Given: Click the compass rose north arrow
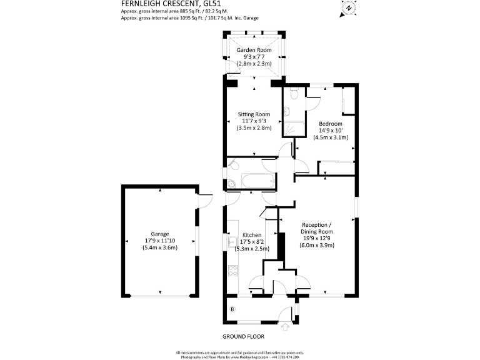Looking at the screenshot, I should point(347,9).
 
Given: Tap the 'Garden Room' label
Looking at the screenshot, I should point(254,49).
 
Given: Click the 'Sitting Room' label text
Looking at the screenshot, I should point(254,114).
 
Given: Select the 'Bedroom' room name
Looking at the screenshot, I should point(331,124).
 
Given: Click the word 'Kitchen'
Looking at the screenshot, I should point(252,235).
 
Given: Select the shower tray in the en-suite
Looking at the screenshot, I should point(292,127).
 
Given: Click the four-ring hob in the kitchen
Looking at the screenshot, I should point(232,270).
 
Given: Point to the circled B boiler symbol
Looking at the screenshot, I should point(233,309).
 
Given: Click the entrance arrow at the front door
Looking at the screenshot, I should point(286,325).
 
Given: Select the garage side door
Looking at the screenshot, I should point(201,201).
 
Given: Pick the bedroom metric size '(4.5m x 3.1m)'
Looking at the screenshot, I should point(331,137).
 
